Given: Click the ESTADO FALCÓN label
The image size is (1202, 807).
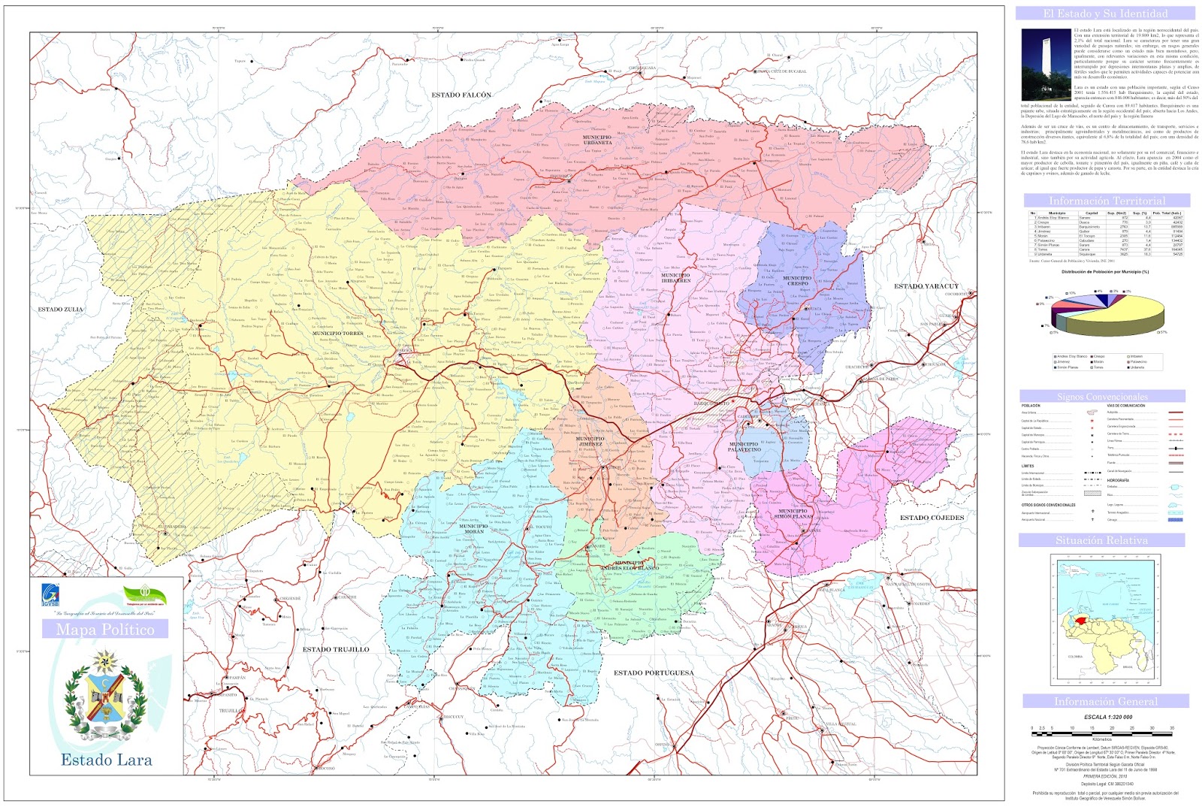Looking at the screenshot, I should pyautogui.click(x=461, y=95).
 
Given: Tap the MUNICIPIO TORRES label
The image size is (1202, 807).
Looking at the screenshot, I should pyautogui.click(x=338, y=333).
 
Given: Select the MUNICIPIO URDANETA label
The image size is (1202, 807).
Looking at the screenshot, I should pyautogui.click(x=597, y=140).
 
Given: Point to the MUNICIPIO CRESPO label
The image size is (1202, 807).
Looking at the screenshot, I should pyautogui.click(x=797, y=281).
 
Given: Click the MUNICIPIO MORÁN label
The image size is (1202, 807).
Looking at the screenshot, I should pyautogui.click(x=473, y=529).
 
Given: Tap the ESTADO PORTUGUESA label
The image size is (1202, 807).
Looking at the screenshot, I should pyautogui.click(x=654, y=673).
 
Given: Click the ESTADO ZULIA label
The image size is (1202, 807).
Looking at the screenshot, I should pyautogui.click(x=61, y=310).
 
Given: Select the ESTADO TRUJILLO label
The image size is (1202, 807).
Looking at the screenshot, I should pyautogui.click(x=336, y=649).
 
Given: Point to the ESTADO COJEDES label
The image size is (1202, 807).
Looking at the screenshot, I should pyautogui.click(x=932, y=518).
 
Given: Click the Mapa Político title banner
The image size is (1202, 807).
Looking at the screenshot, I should pyautogui.click(x=105, y=630).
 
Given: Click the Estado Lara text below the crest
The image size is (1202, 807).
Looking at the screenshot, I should pyautogui.click(x=107, y=760).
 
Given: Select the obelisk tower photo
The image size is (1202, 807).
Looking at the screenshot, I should pyautogui.click(x=1045, y=64).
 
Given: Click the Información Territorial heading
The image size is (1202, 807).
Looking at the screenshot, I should pyautogui.click(x=1107, y=201).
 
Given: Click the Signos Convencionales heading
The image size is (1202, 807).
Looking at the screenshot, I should pyautogui.click(x=1102, y=396).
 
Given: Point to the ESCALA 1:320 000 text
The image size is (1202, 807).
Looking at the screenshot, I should pyautogui.click(x=1107, y=717).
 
